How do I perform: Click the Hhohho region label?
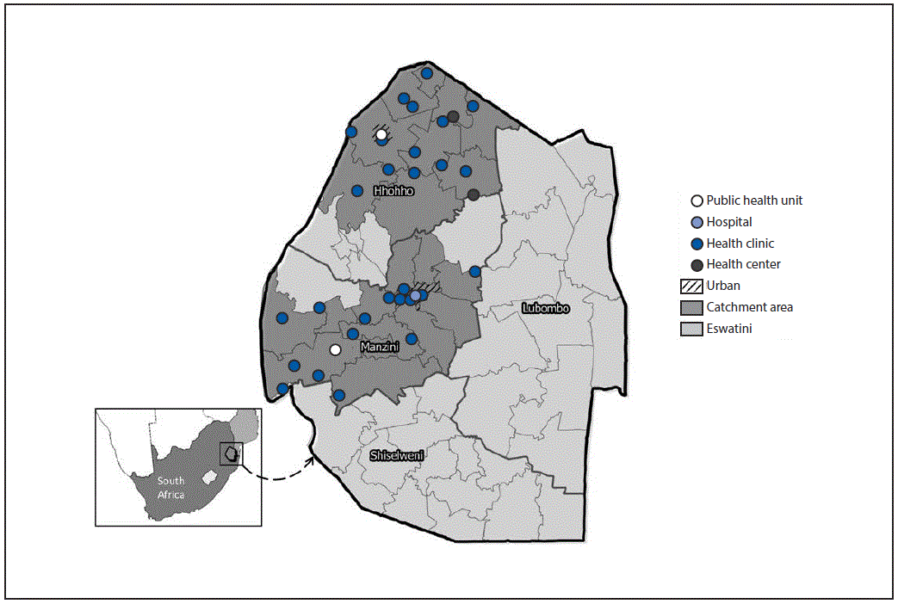click(393, 190)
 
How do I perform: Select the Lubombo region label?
click(545, 307)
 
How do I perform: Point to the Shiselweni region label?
click(396, 455)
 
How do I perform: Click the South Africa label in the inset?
click(170, 487)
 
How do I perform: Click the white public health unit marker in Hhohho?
click(381, 134)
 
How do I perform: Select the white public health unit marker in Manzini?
click(336, 349)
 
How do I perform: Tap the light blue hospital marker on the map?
click(415, 296)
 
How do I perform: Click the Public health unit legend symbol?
click(697, 201)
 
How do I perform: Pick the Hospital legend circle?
click(697, 223)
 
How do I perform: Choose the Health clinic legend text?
click(740, 243)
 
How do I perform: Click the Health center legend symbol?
click(697, 265)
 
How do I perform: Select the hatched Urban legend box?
click(691, 286)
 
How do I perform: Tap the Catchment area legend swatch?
click(691, 307)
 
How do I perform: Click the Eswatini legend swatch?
click(691, 329)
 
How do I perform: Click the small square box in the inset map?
click(229, 453)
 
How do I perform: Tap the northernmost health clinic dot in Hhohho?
click(426, 74)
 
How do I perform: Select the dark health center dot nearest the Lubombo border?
click(474, 195)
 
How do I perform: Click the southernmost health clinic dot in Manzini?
click(339, 396)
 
